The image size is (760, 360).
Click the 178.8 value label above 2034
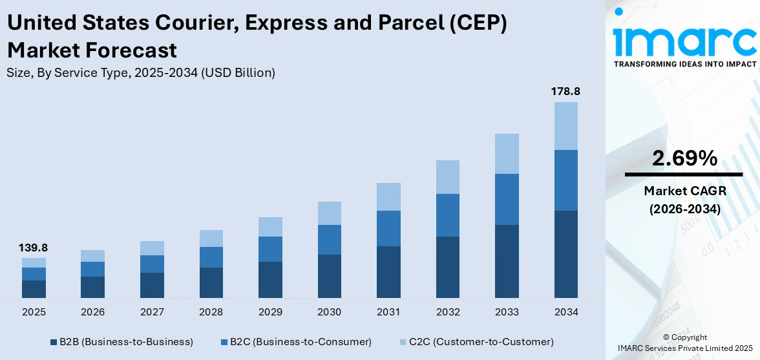(x=565, y=92)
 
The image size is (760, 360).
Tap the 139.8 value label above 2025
(x=34, y=248)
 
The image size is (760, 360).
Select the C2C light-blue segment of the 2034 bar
(x=565, y=126)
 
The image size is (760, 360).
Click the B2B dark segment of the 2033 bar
(x=507, y=261)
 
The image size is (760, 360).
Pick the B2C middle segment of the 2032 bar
(x=448, y=215)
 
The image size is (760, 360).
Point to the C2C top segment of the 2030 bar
(x=329, y=213)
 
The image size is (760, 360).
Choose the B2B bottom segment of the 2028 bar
(x=211, y=282)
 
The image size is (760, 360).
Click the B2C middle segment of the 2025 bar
(x=34, y=274)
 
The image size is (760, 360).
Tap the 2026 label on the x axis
(x=93, y=312)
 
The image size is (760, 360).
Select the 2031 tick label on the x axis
(x=388, y=312)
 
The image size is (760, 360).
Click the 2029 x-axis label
(x=270, y=312)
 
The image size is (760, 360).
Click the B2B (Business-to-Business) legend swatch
(x=54, y=341)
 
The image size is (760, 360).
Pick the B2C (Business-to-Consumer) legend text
(x=301, y=341)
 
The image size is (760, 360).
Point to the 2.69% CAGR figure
(x=684, y=158)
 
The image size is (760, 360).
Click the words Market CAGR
(x=684, y=191)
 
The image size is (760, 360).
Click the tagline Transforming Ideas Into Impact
(x=684, y=64)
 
